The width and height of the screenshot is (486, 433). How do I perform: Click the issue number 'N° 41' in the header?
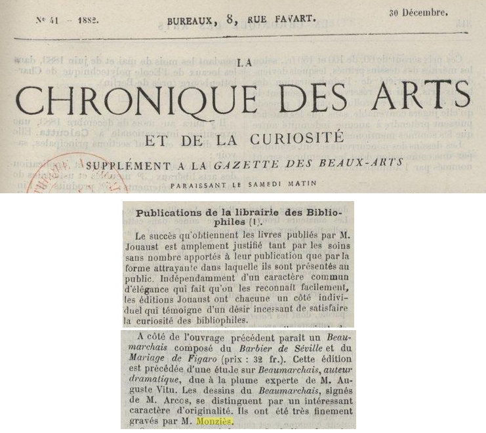pyautogui.click(x=47, y=20)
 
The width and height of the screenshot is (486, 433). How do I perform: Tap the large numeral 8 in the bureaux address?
pyautogui.click(x=230, y=19)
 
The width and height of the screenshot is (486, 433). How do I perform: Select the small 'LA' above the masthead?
pyautogui.click(x=242, y=63)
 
